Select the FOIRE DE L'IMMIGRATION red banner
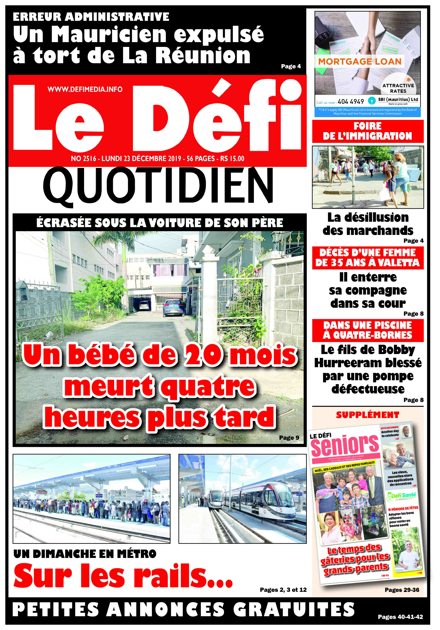[368, 131]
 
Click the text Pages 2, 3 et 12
[283, 590]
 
